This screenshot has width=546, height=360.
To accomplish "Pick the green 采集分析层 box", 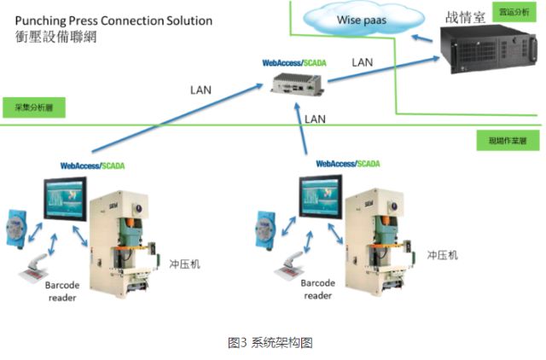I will [x=33, y=108].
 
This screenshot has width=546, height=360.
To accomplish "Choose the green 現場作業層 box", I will [x=507, y=139].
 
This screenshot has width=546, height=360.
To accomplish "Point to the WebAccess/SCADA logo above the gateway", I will [x=293, y=62].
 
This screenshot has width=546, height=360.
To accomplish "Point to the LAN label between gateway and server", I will [x=363, y=62].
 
